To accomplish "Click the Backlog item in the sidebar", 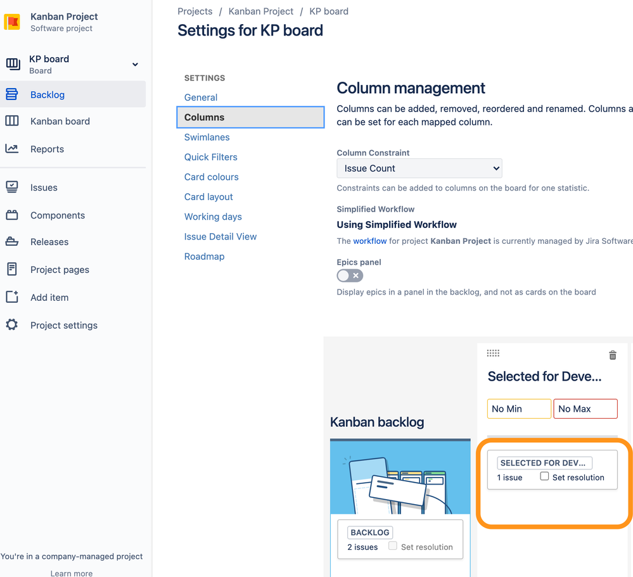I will (x=48, y=95).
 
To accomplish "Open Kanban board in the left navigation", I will (x=60, y=122).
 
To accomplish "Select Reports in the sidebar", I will (x=47, y=149).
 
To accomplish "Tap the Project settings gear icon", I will (x=12, y=325).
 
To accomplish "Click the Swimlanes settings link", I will (x=207, y=137).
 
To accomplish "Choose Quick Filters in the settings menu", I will (x=210, y=157).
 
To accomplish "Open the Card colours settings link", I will (x=211, y=177).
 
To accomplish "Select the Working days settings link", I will (x=213, y=217).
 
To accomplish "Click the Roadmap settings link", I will (x=204, y=257).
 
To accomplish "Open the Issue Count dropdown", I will (x=419, y=168).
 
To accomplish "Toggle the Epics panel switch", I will (x=350, y=276).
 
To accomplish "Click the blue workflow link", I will (x=370, y=241).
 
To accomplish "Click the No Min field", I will (x=519, y=409).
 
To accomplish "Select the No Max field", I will (x=585, y=409).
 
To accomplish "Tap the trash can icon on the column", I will (x=612, y=355).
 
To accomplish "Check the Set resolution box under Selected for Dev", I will (x=544, y=476).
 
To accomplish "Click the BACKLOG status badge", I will (x=370, y=533).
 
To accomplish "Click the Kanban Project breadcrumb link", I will (x=261, y=11).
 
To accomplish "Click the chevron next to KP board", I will (x=135, y=65).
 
